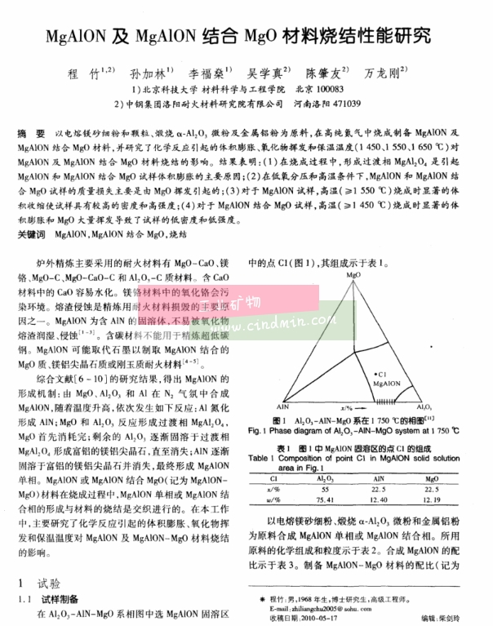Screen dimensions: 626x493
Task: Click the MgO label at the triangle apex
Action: (x=353, y=277)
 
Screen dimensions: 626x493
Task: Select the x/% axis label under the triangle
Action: (x=346, y=406)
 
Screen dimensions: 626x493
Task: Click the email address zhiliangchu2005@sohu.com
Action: (x=334, y=607)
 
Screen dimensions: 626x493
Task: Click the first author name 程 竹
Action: (x=91, y=72)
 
